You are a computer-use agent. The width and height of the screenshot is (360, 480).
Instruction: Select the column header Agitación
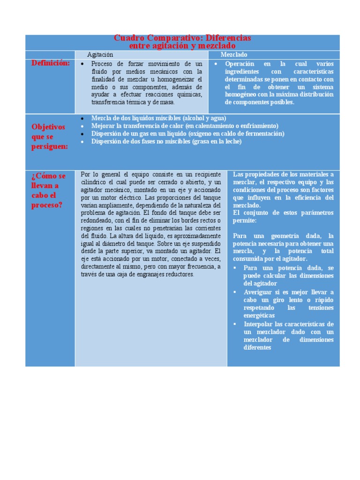click(100, 55)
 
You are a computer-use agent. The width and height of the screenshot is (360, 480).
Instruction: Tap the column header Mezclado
click(234, 55)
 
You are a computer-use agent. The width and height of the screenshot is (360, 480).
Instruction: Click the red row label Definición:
click(51, 63)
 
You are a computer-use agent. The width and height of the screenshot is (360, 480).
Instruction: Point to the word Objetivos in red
click(48, 127)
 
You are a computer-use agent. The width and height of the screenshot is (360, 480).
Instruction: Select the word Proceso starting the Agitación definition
click(102, 64)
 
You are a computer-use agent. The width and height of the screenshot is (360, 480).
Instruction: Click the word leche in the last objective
click(233, 141)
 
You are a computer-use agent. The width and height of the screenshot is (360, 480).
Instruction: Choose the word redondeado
click(95, 221)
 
